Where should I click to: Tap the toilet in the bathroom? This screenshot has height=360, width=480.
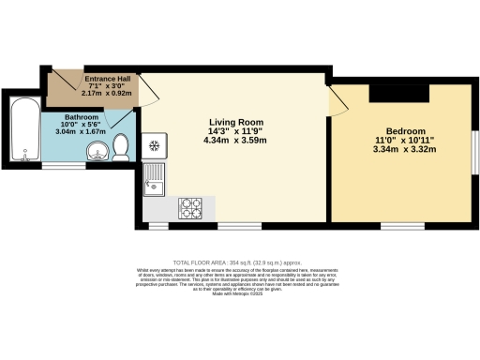coord(120,147)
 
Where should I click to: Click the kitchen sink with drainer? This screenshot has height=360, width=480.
coord(154,181)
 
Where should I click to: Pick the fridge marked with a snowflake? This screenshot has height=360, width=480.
coord(153,146)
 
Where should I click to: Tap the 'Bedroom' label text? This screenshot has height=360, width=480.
coord(406,130)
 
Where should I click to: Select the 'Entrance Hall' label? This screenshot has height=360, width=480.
coord(112,79)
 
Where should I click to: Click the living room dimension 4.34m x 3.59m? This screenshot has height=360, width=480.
coord(235,141)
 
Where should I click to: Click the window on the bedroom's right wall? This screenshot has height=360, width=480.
coord(474,148)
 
